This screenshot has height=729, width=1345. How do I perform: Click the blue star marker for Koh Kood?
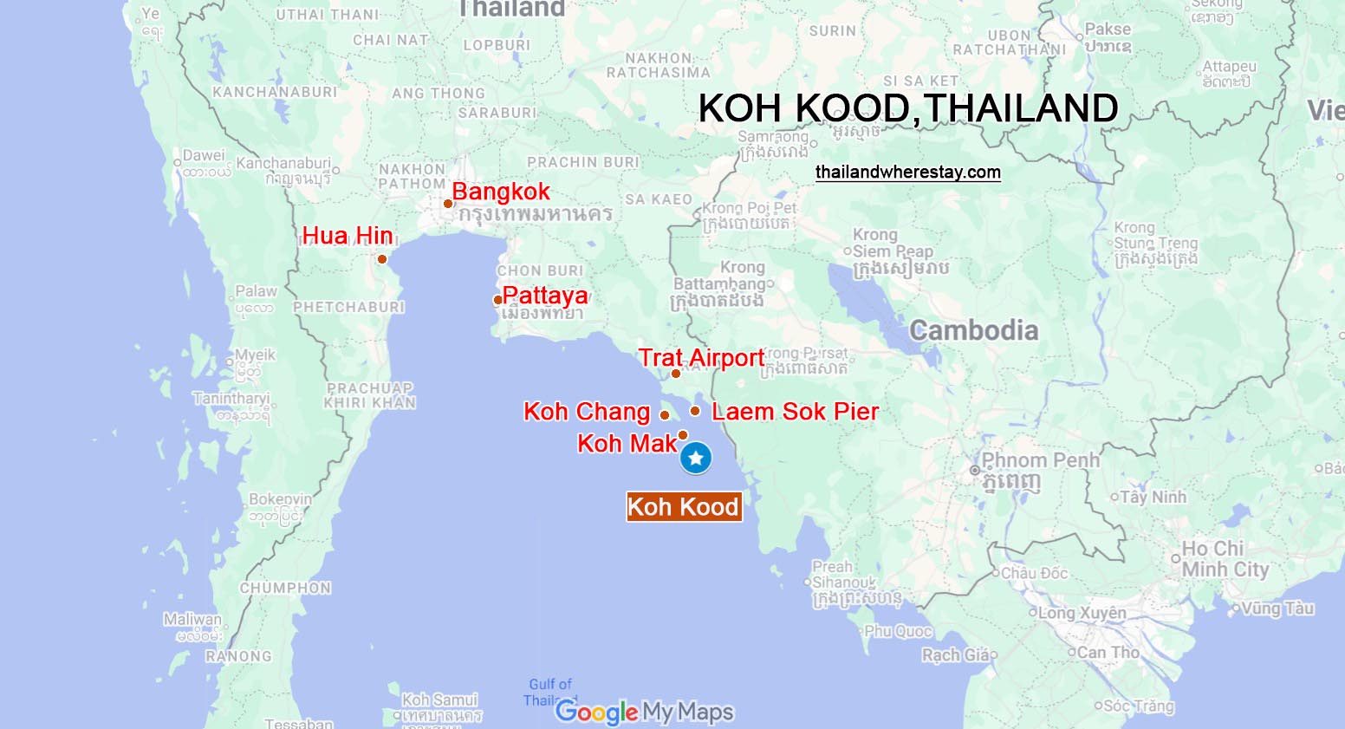[695, 458]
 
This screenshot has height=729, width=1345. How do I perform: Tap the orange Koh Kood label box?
[683, 507]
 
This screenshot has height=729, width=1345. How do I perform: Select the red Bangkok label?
[501, 192]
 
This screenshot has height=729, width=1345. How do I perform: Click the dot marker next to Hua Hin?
[382, 259]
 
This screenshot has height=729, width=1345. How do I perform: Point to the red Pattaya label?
[545, 296]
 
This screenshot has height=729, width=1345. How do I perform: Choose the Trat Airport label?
[701, 358]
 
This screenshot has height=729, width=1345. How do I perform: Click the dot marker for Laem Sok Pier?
[695, 411]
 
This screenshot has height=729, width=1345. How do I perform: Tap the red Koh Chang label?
[587, 412]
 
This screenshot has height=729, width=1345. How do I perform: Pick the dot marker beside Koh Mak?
[683, 435]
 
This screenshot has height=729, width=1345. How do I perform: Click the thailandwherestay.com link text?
[907, 172]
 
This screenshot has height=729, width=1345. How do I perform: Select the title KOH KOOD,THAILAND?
[907, 108]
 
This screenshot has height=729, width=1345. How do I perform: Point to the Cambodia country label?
[973, 330]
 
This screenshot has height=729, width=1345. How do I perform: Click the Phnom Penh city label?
[1040, 461]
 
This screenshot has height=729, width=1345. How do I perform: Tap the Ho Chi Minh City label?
[1225, 559]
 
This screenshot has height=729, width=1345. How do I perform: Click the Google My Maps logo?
[644, 712]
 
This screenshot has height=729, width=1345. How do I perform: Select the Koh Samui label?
[439, 700]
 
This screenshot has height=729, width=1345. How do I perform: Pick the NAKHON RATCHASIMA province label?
[659, 65]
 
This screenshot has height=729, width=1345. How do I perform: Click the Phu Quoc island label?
[898, 631]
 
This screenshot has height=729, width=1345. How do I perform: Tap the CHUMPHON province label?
[285, 588]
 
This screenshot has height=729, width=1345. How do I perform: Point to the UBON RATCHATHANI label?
[1010, 42]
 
